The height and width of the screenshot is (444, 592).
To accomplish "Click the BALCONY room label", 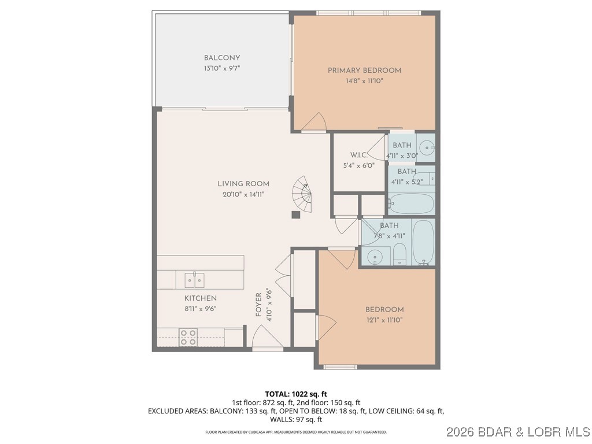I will [222, 58].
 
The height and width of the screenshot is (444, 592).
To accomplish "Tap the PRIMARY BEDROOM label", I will [364, 71].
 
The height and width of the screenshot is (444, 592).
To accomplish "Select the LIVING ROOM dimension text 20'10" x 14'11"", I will [243, 194].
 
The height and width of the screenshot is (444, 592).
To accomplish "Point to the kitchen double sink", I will [194, 280].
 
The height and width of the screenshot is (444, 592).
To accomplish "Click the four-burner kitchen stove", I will [188, 337].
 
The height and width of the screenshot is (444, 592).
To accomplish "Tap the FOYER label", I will [259, 304].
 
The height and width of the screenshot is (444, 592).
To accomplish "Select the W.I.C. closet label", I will [359, 155].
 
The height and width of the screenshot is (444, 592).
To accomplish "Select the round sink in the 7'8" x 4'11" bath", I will [375, 256].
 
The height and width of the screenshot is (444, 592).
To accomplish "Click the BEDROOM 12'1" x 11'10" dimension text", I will [384, 320].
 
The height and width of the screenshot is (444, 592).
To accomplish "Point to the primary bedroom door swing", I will [315, 122].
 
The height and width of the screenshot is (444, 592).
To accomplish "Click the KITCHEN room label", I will [201, 298].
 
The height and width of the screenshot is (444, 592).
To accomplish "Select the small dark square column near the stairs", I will [296, 214].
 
